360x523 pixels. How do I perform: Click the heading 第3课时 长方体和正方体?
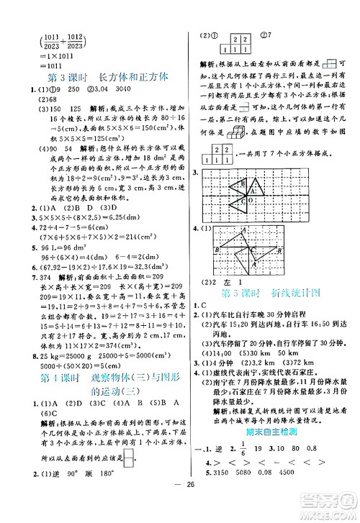pyautogui.click(x=99, y=76)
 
